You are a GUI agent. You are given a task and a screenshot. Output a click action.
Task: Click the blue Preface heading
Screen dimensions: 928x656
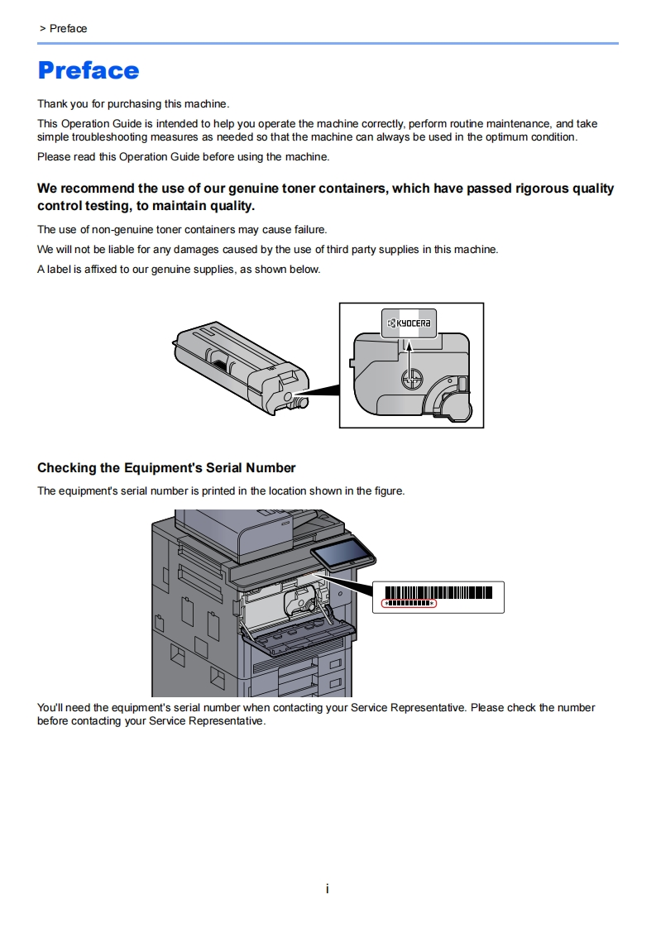pos(89,70)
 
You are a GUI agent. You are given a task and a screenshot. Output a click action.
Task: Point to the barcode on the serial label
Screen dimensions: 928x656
pos(438,592)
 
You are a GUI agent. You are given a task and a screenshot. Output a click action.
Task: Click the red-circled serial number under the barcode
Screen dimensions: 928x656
pos(409,604)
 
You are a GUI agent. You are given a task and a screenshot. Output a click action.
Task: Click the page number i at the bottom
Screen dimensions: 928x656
pos(328,889)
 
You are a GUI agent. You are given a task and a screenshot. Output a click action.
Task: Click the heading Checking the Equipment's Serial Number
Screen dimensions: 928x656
pos(166,468)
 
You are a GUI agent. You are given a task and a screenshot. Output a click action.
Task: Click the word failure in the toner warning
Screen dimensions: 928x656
pos(309,229)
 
